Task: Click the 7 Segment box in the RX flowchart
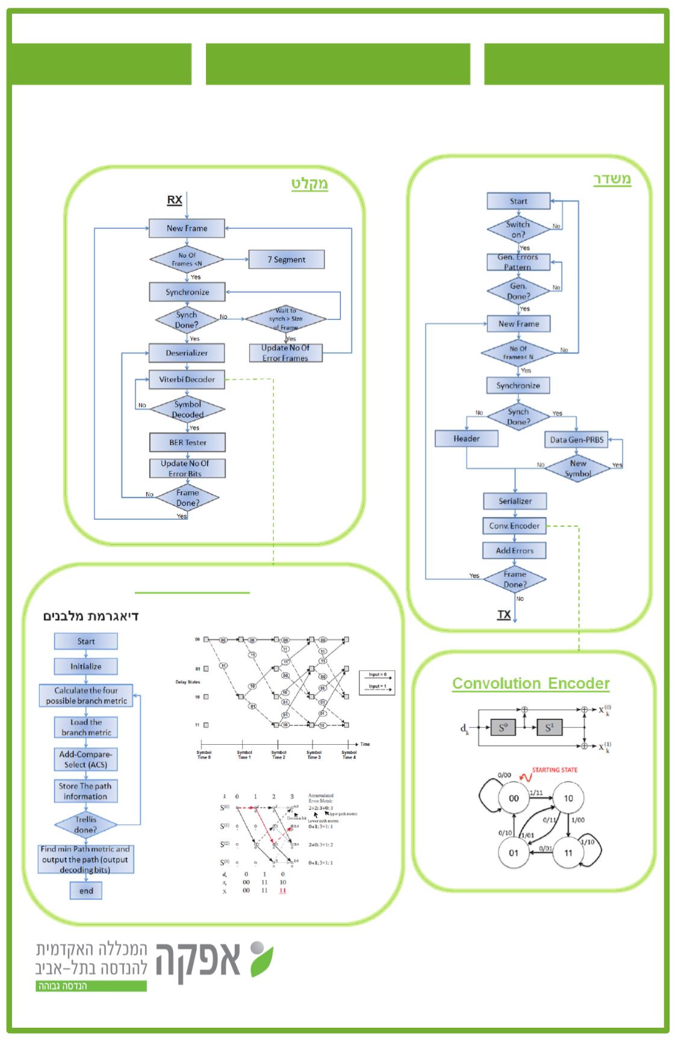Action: point(286,259)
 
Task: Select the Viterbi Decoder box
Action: point(187,379)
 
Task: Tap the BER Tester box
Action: point(187,443)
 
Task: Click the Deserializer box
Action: point(187,353)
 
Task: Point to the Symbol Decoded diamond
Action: point(187,409)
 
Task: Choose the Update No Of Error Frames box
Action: point(285,353)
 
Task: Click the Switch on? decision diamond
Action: point(518,229)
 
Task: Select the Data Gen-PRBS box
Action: point(576,440)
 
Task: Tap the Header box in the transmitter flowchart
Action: point(467,438)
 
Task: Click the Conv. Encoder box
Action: point(514,526)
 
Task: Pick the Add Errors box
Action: point(514,550)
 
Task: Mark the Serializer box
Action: point(515,501)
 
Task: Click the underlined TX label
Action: point(504,615)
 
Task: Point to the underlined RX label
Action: point(175,200)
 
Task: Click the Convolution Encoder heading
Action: point(530,683)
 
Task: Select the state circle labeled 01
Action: point(514,853)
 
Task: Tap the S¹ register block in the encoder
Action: point(549,728)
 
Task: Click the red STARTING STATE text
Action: point(554,770)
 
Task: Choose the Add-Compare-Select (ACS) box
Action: point(86,759)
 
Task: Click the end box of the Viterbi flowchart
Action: point(86,891)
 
